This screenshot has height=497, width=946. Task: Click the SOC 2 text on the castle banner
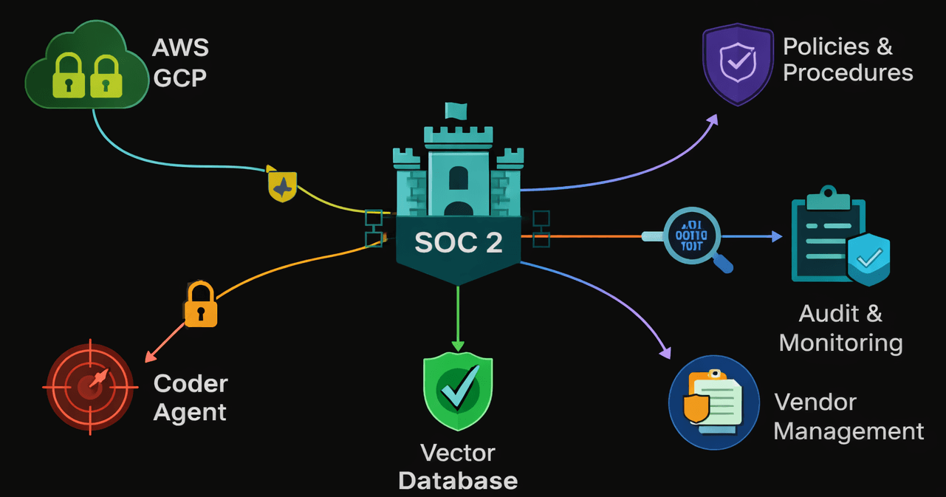pyautogui.click(x=458, y=242)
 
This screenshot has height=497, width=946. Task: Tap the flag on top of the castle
pyautogui.click(x=456, y=111)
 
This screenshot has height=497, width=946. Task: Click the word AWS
pyautogui.click(x=180, y=48)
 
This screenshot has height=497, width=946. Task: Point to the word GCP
pyautogui.click(x=179, y=77)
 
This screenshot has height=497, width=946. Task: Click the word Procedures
pyautogui.click(x=848, y=73)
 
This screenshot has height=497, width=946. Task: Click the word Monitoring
pyautogui.click(x=840, y=343)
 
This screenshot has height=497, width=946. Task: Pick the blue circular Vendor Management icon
pyautogui.click(x=713, y=402)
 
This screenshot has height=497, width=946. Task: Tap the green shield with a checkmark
pyautogui.click(x=458, y=391)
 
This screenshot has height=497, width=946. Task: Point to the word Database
pyautogui.click(x=458, y=481)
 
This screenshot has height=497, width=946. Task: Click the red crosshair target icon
pyautogui.click(x=90, y=386)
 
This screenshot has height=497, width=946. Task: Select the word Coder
pyautogui.click(x=191, y=384)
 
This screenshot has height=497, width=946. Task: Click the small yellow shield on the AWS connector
pyautogui.click(x=282, y=186)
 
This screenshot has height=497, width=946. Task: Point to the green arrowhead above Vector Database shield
pyautogui.click(x=458, y=345)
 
